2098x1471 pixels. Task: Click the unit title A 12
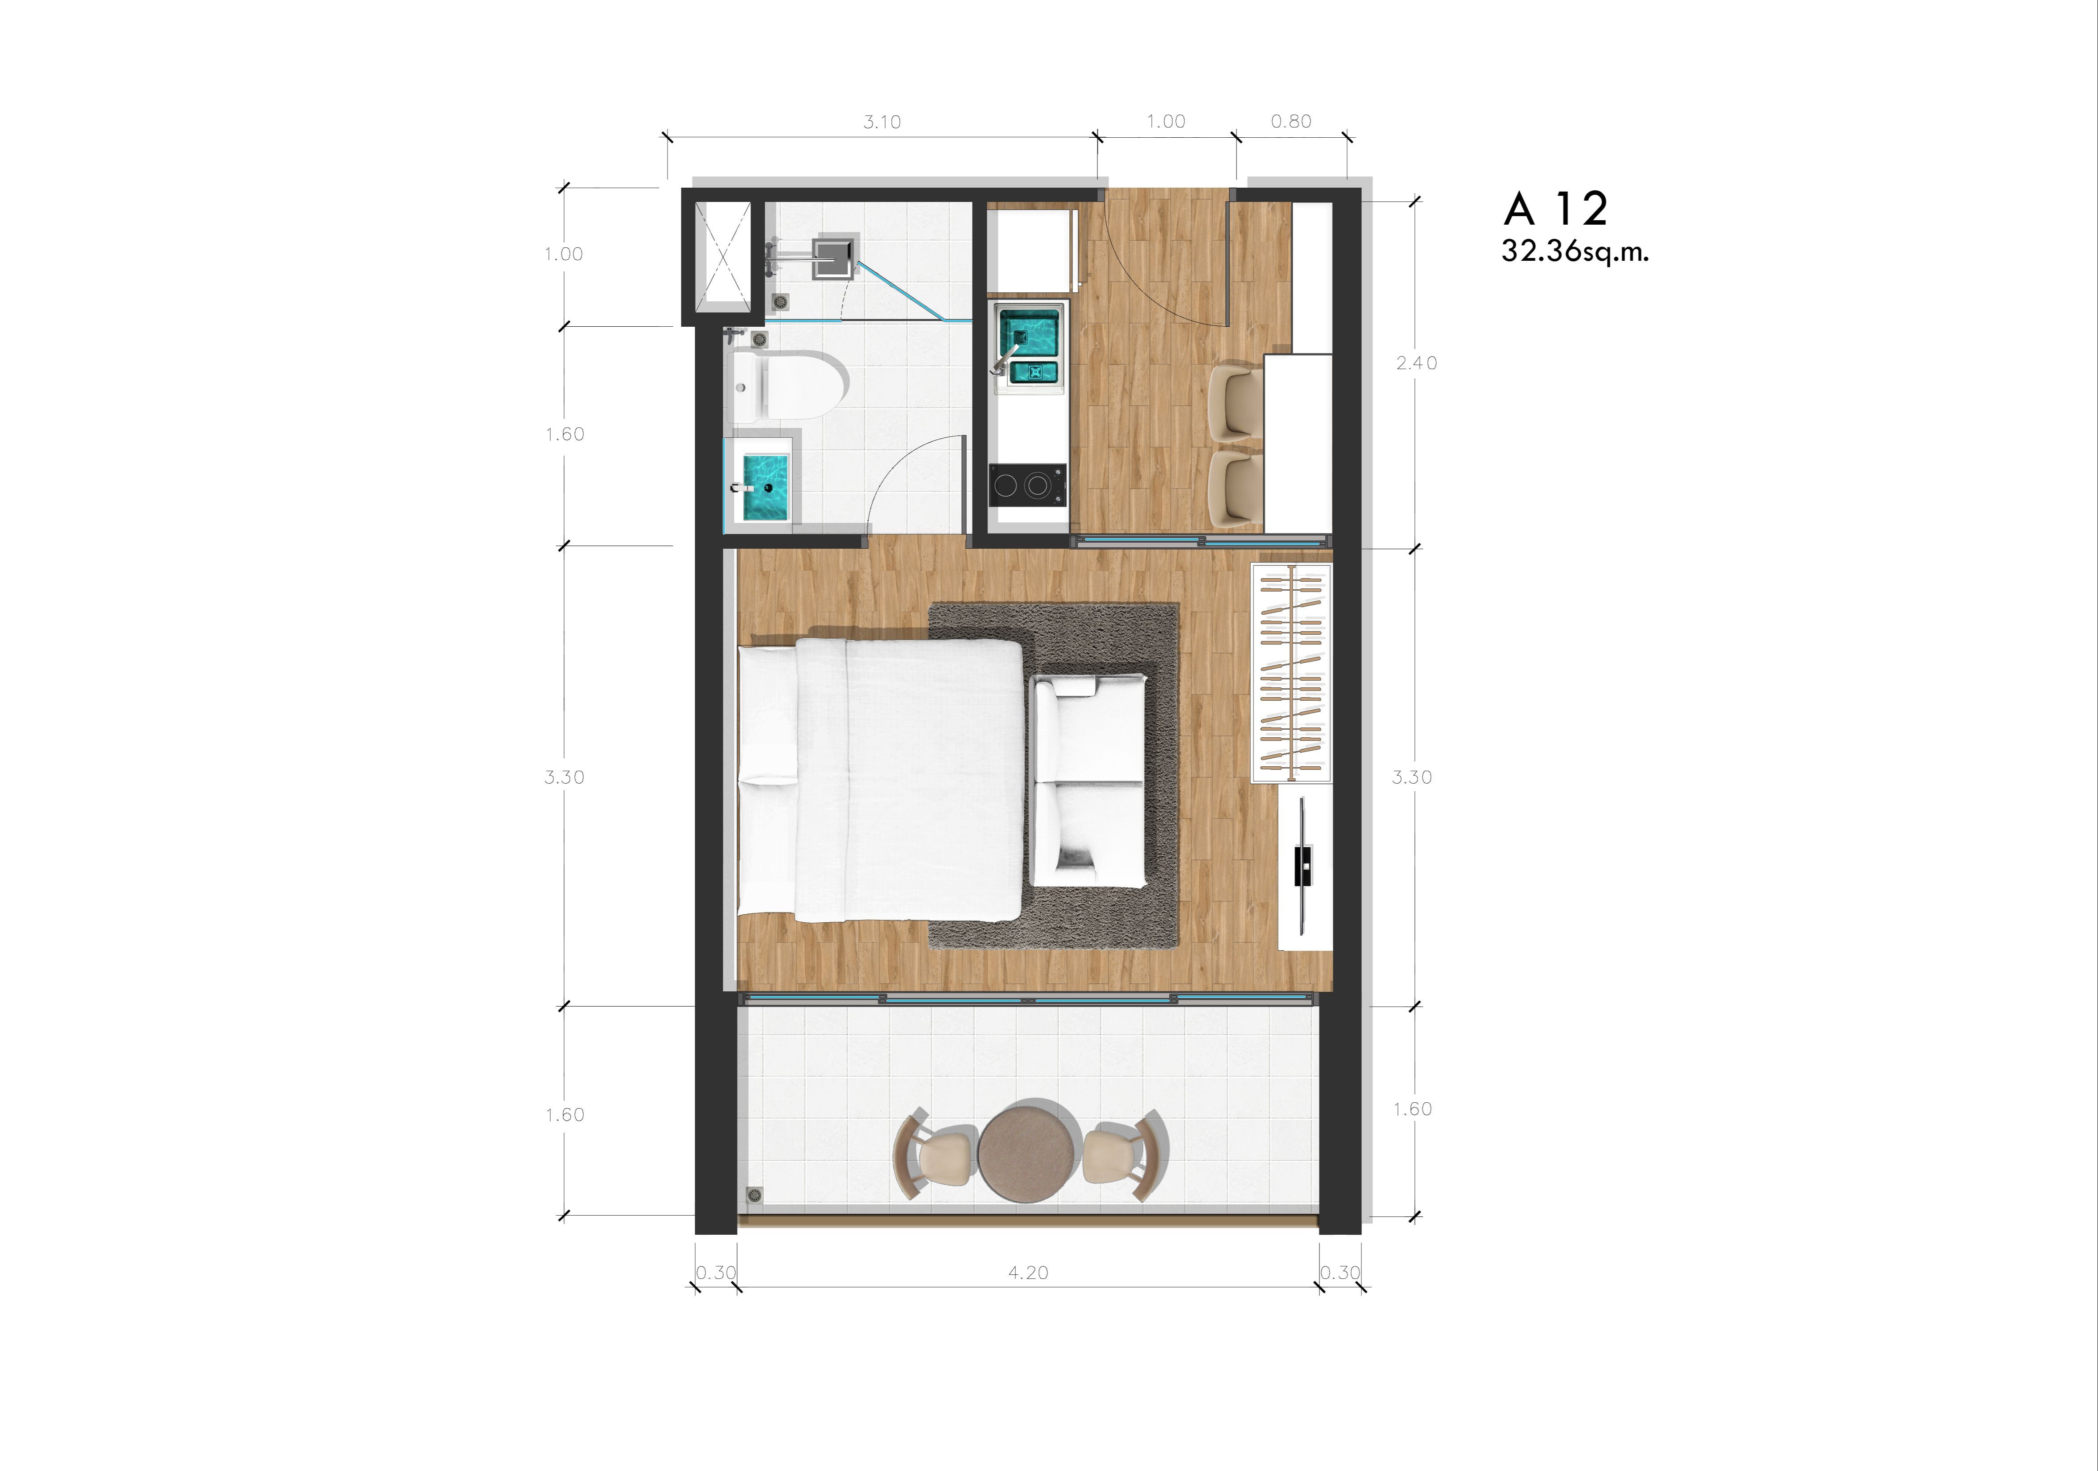click(1555, 209)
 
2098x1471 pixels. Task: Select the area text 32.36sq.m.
click(1575, 251)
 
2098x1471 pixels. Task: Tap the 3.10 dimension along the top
click(882, 122)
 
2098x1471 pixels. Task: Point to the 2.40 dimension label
click(1416, 363)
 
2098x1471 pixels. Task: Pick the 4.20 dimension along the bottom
click(1028, 1273)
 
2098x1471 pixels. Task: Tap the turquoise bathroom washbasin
click(763, 488)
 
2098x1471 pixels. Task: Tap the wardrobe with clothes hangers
click(1291, 673)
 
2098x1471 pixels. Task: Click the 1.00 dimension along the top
click(1166, 122)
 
